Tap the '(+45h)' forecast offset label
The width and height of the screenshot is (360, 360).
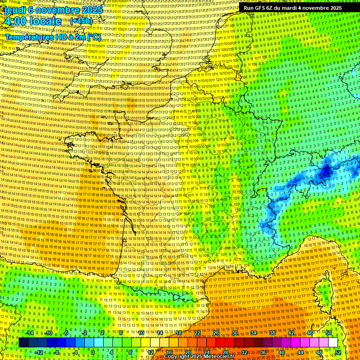[x=81, y=21]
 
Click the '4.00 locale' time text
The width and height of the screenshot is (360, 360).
[x=32, y=22]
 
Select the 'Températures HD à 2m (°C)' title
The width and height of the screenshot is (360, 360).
[x=53, y=37]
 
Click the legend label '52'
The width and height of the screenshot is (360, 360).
[x=338, y=352]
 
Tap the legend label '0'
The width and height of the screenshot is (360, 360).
[x=93, y=352]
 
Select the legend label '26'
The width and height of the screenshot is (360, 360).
[x=216, y=333]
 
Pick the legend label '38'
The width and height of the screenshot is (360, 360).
[x=272, y=333]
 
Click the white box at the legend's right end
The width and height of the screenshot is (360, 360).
[x=333, y=343]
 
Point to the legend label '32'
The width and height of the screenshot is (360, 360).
[x=244, y=352]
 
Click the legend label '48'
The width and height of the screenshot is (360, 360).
[x=319, y=352]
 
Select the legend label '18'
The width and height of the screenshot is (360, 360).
[x=179, y=333]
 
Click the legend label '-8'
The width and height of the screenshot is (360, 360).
[x=57, y=352]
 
